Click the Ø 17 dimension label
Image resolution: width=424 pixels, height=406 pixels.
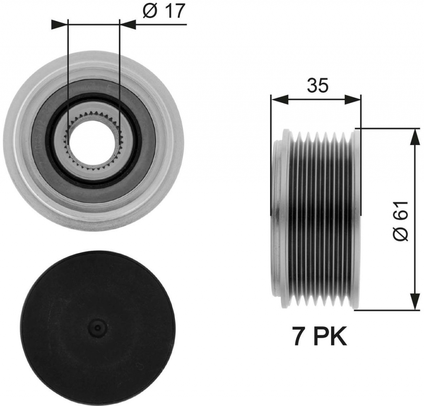tap(164, 11)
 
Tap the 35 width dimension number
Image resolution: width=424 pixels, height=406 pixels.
tap(318, 85)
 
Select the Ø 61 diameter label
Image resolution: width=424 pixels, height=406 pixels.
tap(400, 221)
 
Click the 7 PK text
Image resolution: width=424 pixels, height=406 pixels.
tap(319, 337)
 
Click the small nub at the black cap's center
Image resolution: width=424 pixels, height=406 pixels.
tap(98, 328)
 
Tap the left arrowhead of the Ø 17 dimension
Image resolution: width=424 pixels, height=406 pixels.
tap(59, 24)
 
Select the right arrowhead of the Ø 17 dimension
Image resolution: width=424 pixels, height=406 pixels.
tap(127, 24)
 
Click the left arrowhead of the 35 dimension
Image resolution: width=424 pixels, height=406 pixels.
tap(279, 100)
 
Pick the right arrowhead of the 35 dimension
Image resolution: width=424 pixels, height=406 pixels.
tap(353, 100)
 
